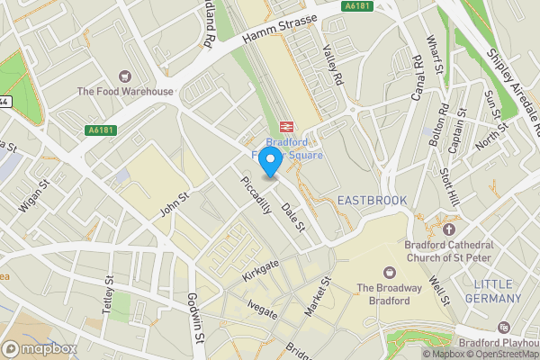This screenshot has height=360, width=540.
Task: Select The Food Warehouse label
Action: pyautogui.click(x=124, y=92)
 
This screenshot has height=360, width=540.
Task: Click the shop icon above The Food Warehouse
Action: pyautogui.click(x=124, y=76)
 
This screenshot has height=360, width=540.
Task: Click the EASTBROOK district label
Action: pyautogui.click(x=372, y=200)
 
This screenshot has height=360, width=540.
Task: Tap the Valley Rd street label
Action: pyautogui.click(x=334, y=66)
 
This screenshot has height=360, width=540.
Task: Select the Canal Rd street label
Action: pyautogui.click(x=415, y=77)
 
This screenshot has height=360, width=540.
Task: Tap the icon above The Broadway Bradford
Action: pyautogui.click(x=390, y=271)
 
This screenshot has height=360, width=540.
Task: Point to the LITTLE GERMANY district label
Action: pyautogui.click(x=498, y=292)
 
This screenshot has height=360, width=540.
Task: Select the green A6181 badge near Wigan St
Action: pyautogui.click(x=103, y=130)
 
